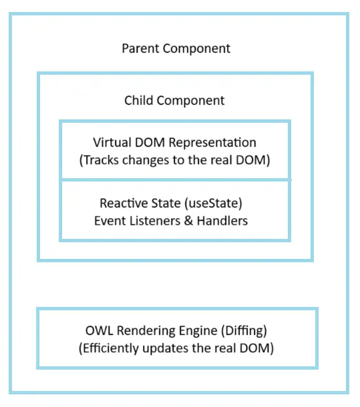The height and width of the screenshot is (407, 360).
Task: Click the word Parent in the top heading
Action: [141, 49]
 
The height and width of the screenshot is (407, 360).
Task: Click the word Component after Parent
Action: [196, 49]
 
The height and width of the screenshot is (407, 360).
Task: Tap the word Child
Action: [139, 100]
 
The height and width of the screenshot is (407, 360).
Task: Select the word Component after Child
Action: [190, 101]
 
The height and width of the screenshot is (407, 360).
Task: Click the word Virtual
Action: [112, 143]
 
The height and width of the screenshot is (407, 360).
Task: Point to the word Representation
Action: [212, 143]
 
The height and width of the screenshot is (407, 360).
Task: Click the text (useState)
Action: [213, 203]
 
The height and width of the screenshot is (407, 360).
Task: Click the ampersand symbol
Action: [188, 221]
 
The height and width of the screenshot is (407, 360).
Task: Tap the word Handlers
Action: [222, 221]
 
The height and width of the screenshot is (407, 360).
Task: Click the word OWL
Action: [100, 331]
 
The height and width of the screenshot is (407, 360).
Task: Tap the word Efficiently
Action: [109, 348]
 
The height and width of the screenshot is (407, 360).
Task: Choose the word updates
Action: [166, 349]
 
